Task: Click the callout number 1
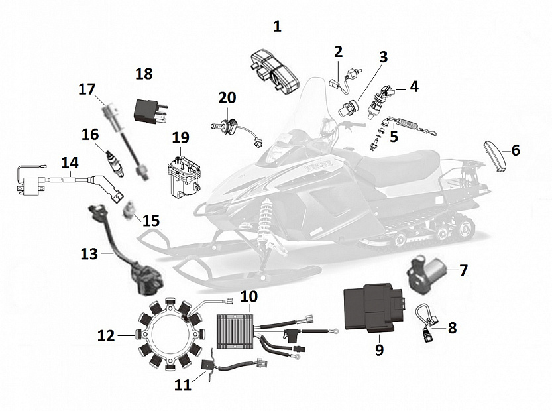[x=277, y=27]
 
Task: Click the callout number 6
[x=515, y=150]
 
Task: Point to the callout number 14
[x=70, y=162]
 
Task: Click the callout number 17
[x=87, y=89]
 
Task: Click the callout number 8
[x=452, y=327]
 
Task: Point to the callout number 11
[x=182, y=384]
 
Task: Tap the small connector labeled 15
[x=130, y=211]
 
